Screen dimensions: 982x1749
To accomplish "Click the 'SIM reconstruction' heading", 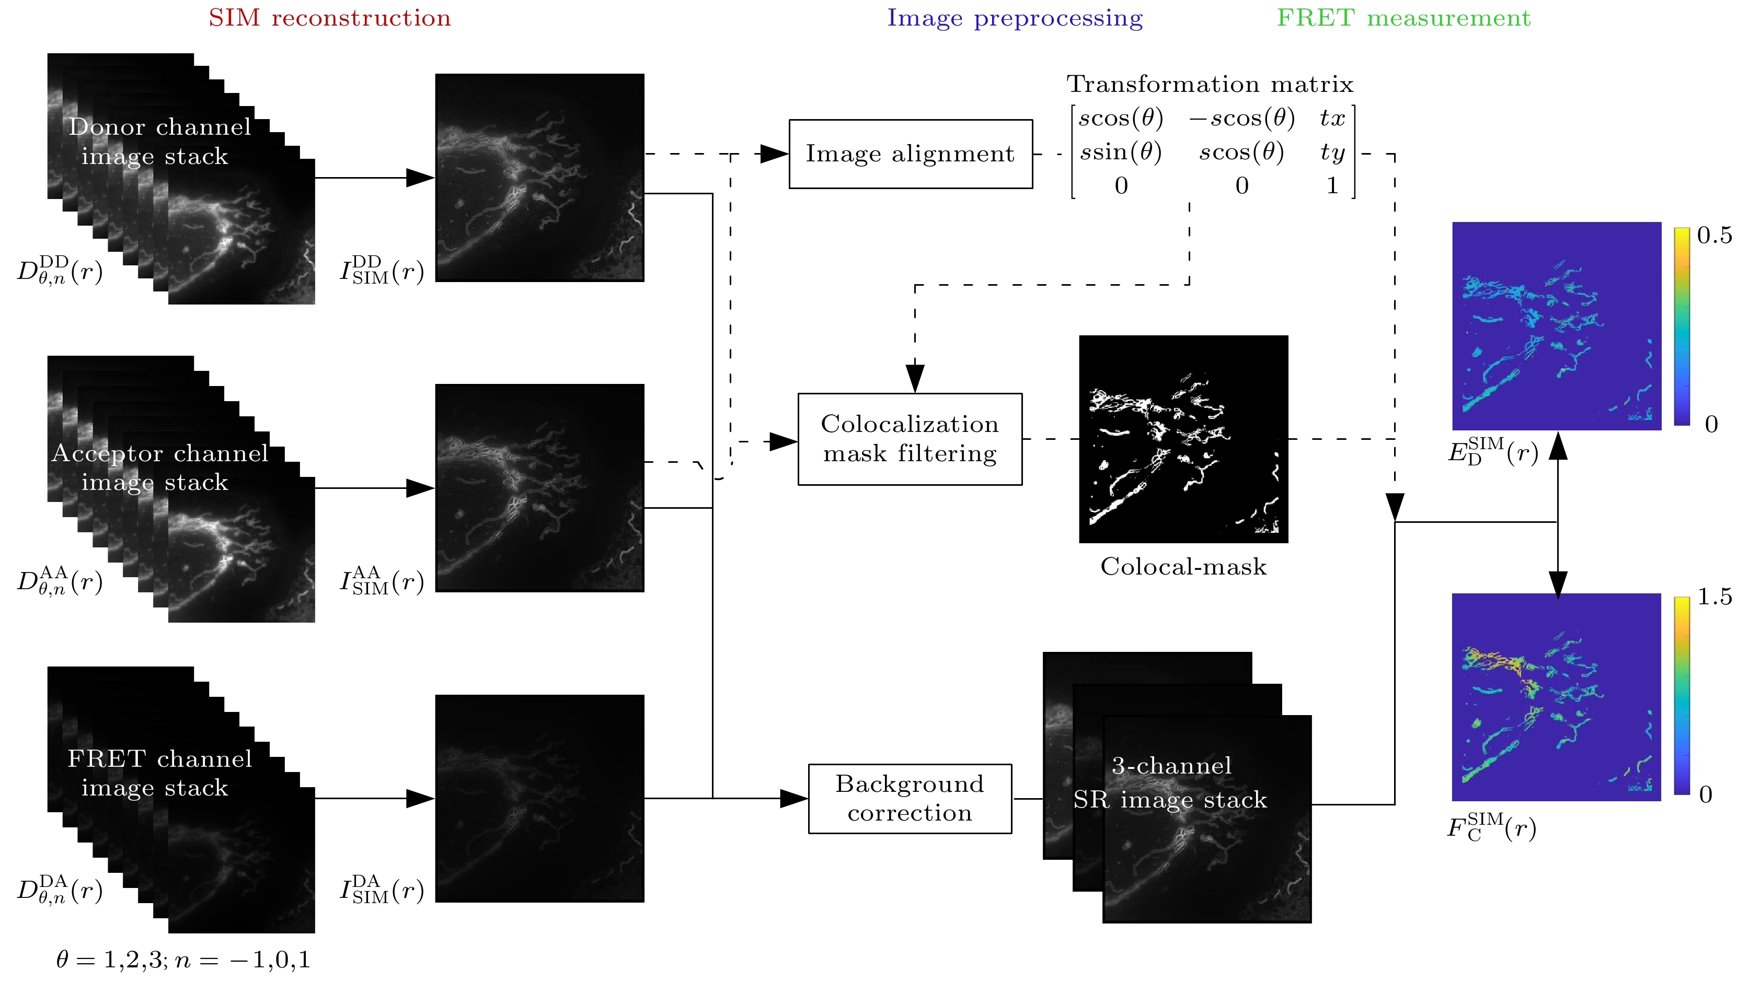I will coord(329,18).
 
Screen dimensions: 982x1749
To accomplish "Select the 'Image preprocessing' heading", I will coord(1015,18).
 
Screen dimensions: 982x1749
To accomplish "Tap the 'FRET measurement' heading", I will coord(1403,18).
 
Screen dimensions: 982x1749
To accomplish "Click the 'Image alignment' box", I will coord(910,154).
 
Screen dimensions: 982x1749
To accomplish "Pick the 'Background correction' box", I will coord(910,799).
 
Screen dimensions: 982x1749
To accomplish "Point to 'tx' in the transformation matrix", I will coord(1332,118).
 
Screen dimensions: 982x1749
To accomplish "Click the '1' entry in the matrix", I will coord(1332,185).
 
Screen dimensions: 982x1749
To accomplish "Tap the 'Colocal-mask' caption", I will coord(1183,567).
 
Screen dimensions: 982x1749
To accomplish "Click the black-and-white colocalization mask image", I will coord(1183,439).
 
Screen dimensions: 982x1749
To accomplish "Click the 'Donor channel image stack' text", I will coord(159,141).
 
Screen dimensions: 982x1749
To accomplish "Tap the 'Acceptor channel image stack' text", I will coord(159,467).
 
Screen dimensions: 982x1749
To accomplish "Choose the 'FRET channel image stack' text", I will coord(159,773).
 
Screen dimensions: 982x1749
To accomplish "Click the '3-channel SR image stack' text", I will coord(1170,782).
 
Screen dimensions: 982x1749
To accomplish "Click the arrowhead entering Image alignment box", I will coord(774,154).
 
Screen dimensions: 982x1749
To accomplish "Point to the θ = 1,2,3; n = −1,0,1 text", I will coord(183,960).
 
